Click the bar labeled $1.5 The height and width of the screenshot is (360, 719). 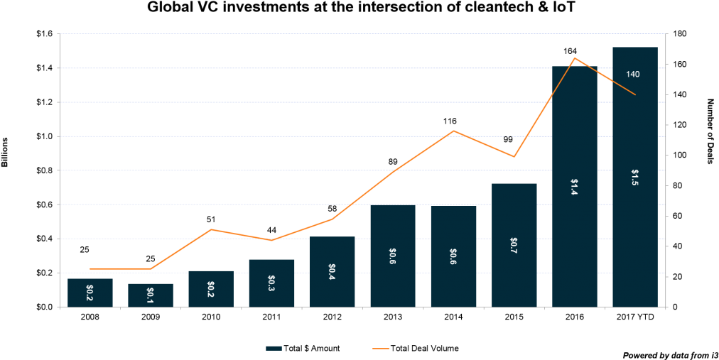[x=634, y=213]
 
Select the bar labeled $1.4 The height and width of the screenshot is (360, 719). [x=574, y=227]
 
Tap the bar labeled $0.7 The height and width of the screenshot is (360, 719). [x=514, y=270]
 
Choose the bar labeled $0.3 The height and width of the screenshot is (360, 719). [x=271, y=291]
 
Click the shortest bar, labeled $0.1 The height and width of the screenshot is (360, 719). [x=151, y=298]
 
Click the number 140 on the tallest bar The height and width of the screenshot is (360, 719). [x=632, y=75]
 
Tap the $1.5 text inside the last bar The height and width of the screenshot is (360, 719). [x=634, y=178]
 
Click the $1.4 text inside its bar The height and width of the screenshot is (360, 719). [x=574, y=187]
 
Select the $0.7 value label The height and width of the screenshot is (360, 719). [x=514, y=246]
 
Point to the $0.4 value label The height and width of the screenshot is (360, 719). [x=332, y=271]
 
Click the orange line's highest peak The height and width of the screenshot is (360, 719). [x=574, y=58]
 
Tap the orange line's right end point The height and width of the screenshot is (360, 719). [x=635, y=94]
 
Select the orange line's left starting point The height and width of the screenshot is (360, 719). [x=90, y=268]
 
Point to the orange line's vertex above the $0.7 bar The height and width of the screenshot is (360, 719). [x=514, y=156]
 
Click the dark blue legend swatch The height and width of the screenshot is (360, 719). [x=274, y=348]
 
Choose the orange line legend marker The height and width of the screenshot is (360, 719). [x=381, y=348]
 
